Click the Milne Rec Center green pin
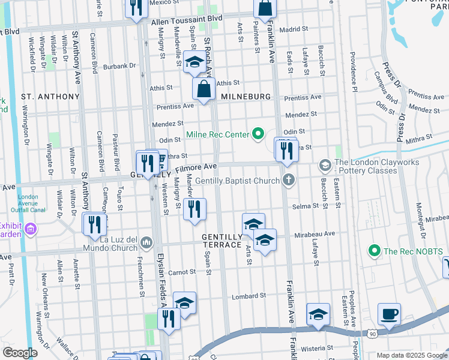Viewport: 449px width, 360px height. click(x=259, y=134)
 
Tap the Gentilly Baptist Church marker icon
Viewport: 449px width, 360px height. click(x=289, y=180)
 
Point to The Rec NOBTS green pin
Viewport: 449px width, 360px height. click(x=375, y=250)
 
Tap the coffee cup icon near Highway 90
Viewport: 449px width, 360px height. click(x=389, y=314)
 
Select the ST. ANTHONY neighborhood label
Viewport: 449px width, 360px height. click(x=50, y=97)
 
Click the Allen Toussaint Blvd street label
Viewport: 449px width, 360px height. click(x=187, y=20)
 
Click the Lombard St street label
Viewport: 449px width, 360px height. click(x=249, y=296)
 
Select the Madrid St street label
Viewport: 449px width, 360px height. click(x=294, y=28)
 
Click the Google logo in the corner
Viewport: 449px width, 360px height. click(x=20, y=353)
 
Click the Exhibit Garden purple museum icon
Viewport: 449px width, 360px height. click(x=31, y=229)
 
